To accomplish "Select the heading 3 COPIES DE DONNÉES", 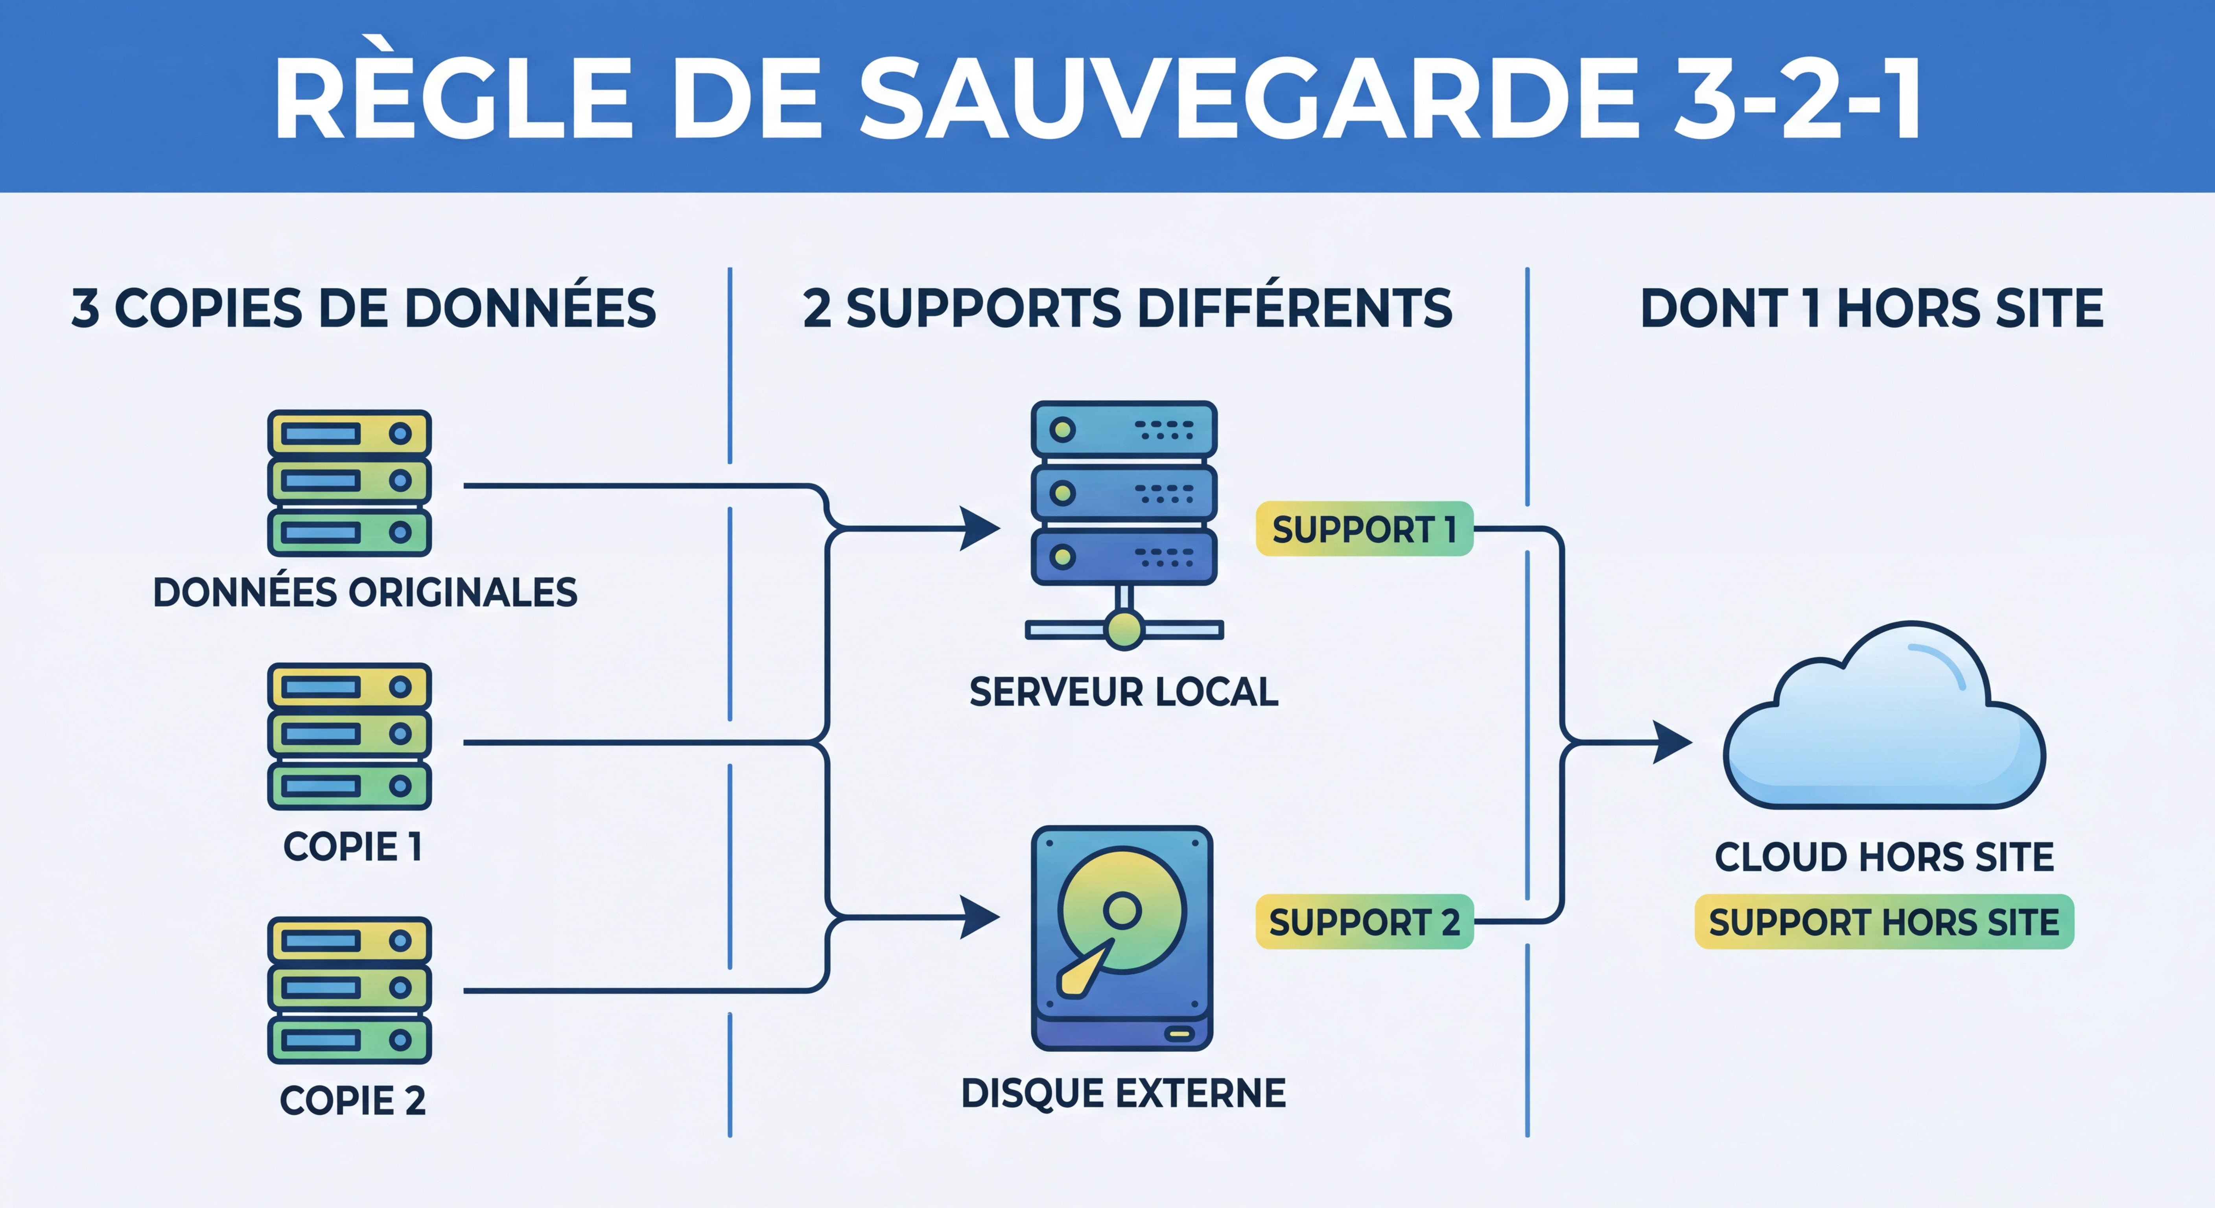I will click(364, 309).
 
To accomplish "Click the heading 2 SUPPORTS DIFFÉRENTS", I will click(1127, 309).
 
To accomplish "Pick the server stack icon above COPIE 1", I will click(349, 736).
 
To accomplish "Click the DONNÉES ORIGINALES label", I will click(365, 592).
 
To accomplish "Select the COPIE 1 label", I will click(352, 847).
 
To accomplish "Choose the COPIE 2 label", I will click(352, 1101).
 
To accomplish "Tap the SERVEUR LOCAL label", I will click(1124, 692).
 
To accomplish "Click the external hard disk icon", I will click(1122, 937).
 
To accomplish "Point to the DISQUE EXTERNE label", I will click(1124, 1094).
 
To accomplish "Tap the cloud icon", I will click(1883, 722).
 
